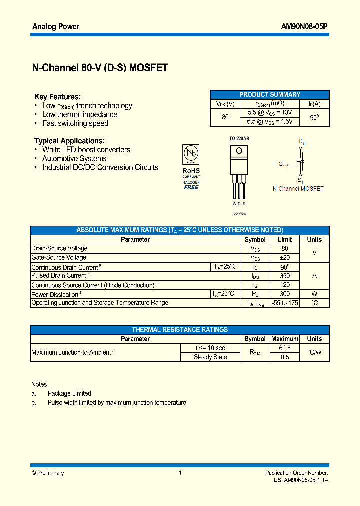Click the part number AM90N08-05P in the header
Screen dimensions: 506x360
pos(303,26)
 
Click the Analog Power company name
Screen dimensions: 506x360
pos(56,26)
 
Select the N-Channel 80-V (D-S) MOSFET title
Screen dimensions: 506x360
pos(100,68)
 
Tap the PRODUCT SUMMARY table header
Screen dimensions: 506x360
pos(270,94)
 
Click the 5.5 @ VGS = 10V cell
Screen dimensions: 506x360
pos(270,113)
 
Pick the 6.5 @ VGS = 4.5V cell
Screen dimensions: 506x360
pos(270,121)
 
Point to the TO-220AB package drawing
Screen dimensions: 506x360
pos(238,172)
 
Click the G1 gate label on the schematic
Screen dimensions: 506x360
pos(282,164)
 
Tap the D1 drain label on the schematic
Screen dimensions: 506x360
pos(302,142)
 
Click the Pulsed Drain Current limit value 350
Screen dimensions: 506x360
pos(285,276)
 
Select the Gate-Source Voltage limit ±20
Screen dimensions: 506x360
pos(285,257)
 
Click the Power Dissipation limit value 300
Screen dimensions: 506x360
pos(285,294)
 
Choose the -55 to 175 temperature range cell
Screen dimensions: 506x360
pos(285,303)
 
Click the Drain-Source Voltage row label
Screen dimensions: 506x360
pos(59,248)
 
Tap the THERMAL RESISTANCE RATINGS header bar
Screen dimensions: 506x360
pos(180,330)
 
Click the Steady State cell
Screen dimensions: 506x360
pos(210,357)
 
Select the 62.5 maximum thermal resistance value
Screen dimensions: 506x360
pos(285,348)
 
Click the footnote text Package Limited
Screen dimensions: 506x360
pos(69,393)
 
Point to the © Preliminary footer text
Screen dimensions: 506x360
pos(48,473)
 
